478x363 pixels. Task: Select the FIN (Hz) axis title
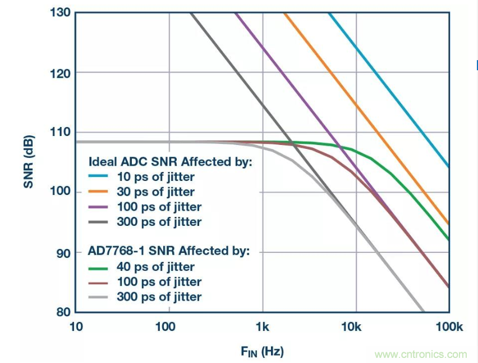262,352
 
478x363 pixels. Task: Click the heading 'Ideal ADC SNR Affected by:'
171,162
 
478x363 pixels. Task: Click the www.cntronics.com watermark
420,354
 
